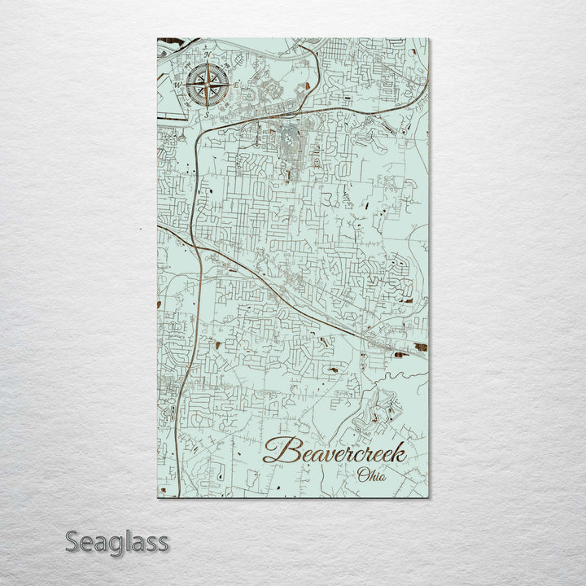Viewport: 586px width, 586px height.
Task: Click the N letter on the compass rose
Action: tap(206, 55)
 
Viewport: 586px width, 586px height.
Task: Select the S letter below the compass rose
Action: tap(207, 115)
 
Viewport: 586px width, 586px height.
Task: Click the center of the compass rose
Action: tap(207, 85)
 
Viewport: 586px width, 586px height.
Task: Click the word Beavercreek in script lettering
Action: tap(334, 453)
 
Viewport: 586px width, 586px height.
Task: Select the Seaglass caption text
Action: tap(117, 542)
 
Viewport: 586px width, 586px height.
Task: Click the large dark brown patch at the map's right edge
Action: tap(421, 348)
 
